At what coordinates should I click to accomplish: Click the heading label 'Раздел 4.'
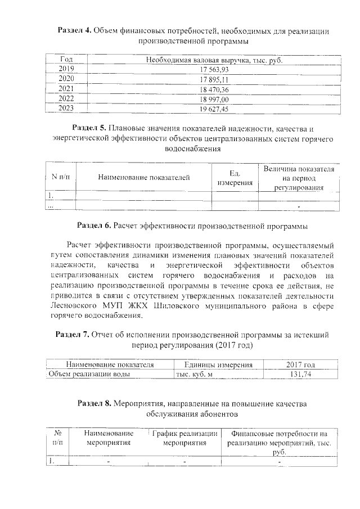[76, 30]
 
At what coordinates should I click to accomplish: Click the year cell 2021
[66, 89]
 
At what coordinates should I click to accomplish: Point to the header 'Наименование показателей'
[143, 178]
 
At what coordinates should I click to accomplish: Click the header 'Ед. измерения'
[235, 178]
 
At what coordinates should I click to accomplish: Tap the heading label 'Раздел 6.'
[94, 226]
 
